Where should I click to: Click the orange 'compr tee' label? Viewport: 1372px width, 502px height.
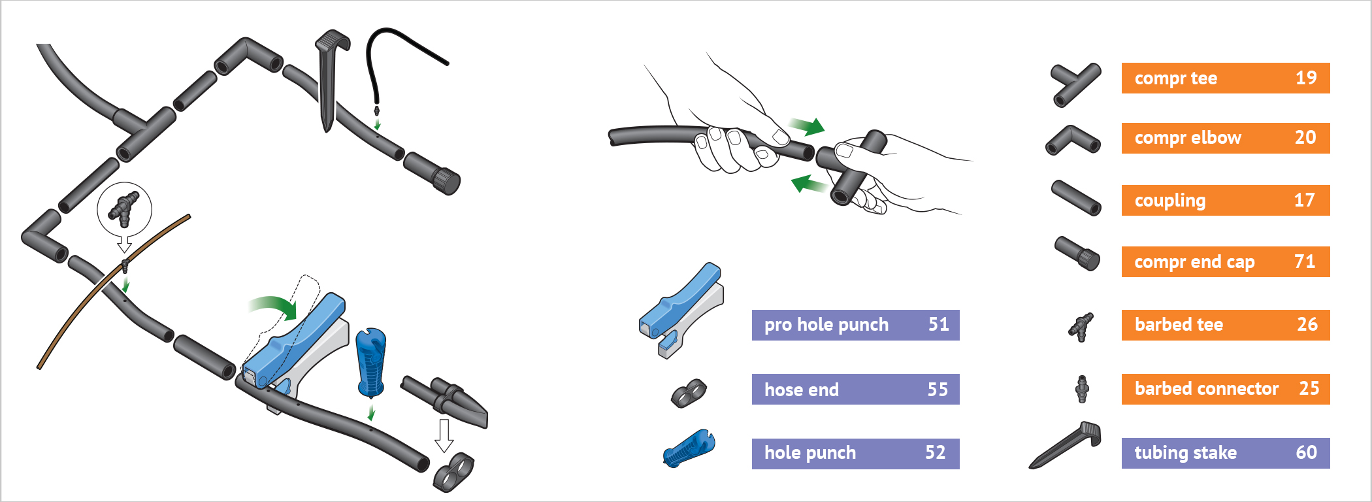pos(1176,78)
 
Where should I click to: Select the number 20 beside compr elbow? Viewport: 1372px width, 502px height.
pos(1305,138)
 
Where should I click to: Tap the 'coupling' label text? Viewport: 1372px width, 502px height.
pos(1169,201)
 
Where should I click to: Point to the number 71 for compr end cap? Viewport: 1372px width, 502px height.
pos(1304,262)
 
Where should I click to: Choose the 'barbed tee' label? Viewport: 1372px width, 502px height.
pos(1179,325)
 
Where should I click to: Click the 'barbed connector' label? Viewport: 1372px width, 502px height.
pos(1206,389)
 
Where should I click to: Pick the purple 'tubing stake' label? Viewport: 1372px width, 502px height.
pos(1185,453)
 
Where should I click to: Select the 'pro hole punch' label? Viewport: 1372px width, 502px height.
pos(826,325)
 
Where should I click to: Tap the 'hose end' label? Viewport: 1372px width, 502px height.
pos(801,390)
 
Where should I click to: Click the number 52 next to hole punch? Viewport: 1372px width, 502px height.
pos(935,452)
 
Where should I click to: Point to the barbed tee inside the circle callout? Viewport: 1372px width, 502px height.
pos(124,208)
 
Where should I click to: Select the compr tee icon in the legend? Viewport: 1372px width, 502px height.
pos(1075,84)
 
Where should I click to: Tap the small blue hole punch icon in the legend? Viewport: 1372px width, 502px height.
pos(689,448)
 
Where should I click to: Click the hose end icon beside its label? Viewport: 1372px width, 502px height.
pos(689,393)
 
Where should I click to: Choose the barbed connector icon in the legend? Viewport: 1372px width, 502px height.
pos(1082,389)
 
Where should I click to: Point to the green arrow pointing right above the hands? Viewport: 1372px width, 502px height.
pos(808,125)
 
